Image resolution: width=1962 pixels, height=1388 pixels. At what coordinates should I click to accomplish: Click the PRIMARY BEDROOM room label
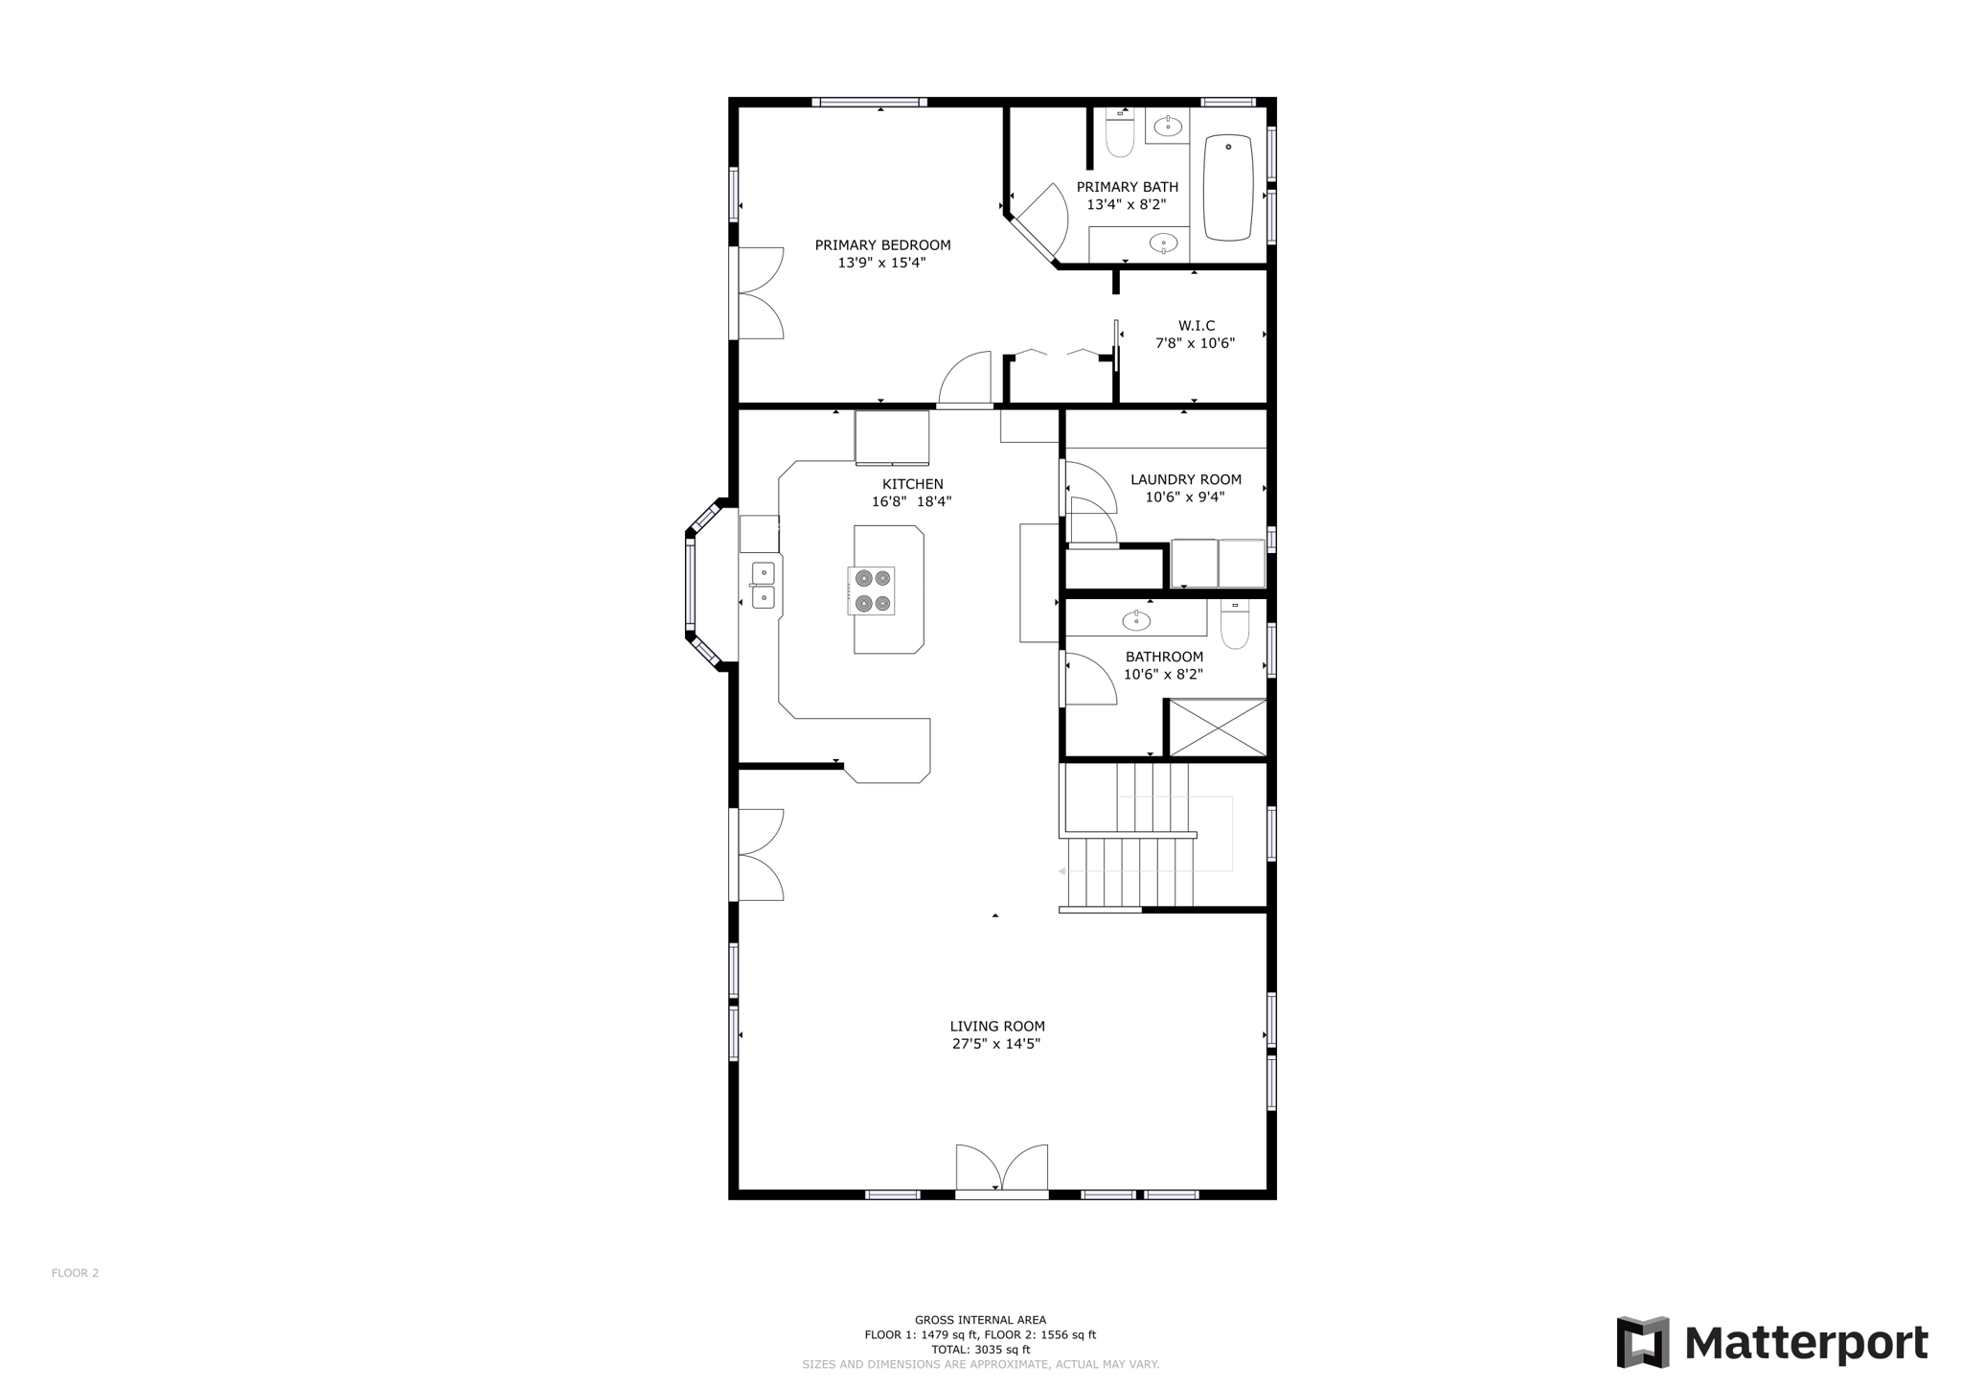click(x=882, y=245)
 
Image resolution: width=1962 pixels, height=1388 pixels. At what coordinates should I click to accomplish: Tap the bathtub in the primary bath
click(x=1227, y=188)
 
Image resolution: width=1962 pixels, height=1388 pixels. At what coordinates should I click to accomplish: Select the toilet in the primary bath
click(x=1119, y=133)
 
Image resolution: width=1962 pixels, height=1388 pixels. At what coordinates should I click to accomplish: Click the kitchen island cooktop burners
click(x=873, y=590)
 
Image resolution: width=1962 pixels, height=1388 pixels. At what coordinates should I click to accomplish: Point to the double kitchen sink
click(x=763, y=586)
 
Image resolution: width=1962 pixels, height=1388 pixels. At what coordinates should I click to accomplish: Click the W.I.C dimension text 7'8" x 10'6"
click(x=1195, y=343)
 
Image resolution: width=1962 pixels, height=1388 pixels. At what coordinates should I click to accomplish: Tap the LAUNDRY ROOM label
click(x=1185, y=479)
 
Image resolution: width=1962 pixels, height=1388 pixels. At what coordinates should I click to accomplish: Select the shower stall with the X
click(x=1218, y=728)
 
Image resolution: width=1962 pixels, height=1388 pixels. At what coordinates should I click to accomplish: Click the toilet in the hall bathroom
click(x=1235, y=625)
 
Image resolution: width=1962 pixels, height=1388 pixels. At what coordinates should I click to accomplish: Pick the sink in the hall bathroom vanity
click(x=1136, y=621)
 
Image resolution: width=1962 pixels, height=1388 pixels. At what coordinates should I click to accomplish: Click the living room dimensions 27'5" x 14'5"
click(x=996, y=1044)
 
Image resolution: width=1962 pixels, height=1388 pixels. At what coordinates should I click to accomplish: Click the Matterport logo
click(x=1771, y=1342)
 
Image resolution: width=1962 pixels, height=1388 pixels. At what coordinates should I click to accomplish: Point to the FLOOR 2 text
click(x=75, y=1273)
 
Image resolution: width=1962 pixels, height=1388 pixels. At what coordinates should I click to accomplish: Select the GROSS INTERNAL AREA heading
click(x=980, y=1320)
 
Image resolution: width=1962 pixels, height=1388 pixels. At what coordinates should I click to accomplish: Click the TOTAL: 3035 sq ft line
click(x=980, y=1350)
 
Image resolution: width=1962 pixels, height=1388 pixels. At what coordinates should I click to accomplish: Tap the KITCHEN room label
click(x=912, y=484)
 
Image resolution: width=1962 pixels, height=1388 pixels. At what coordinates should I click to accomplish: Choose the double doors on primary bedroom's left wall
click(x=759, y=293)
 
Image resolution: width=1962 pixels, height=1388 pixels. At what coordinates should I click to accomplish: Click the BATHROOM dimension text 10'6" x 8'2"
click(x=1163, y=674)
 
